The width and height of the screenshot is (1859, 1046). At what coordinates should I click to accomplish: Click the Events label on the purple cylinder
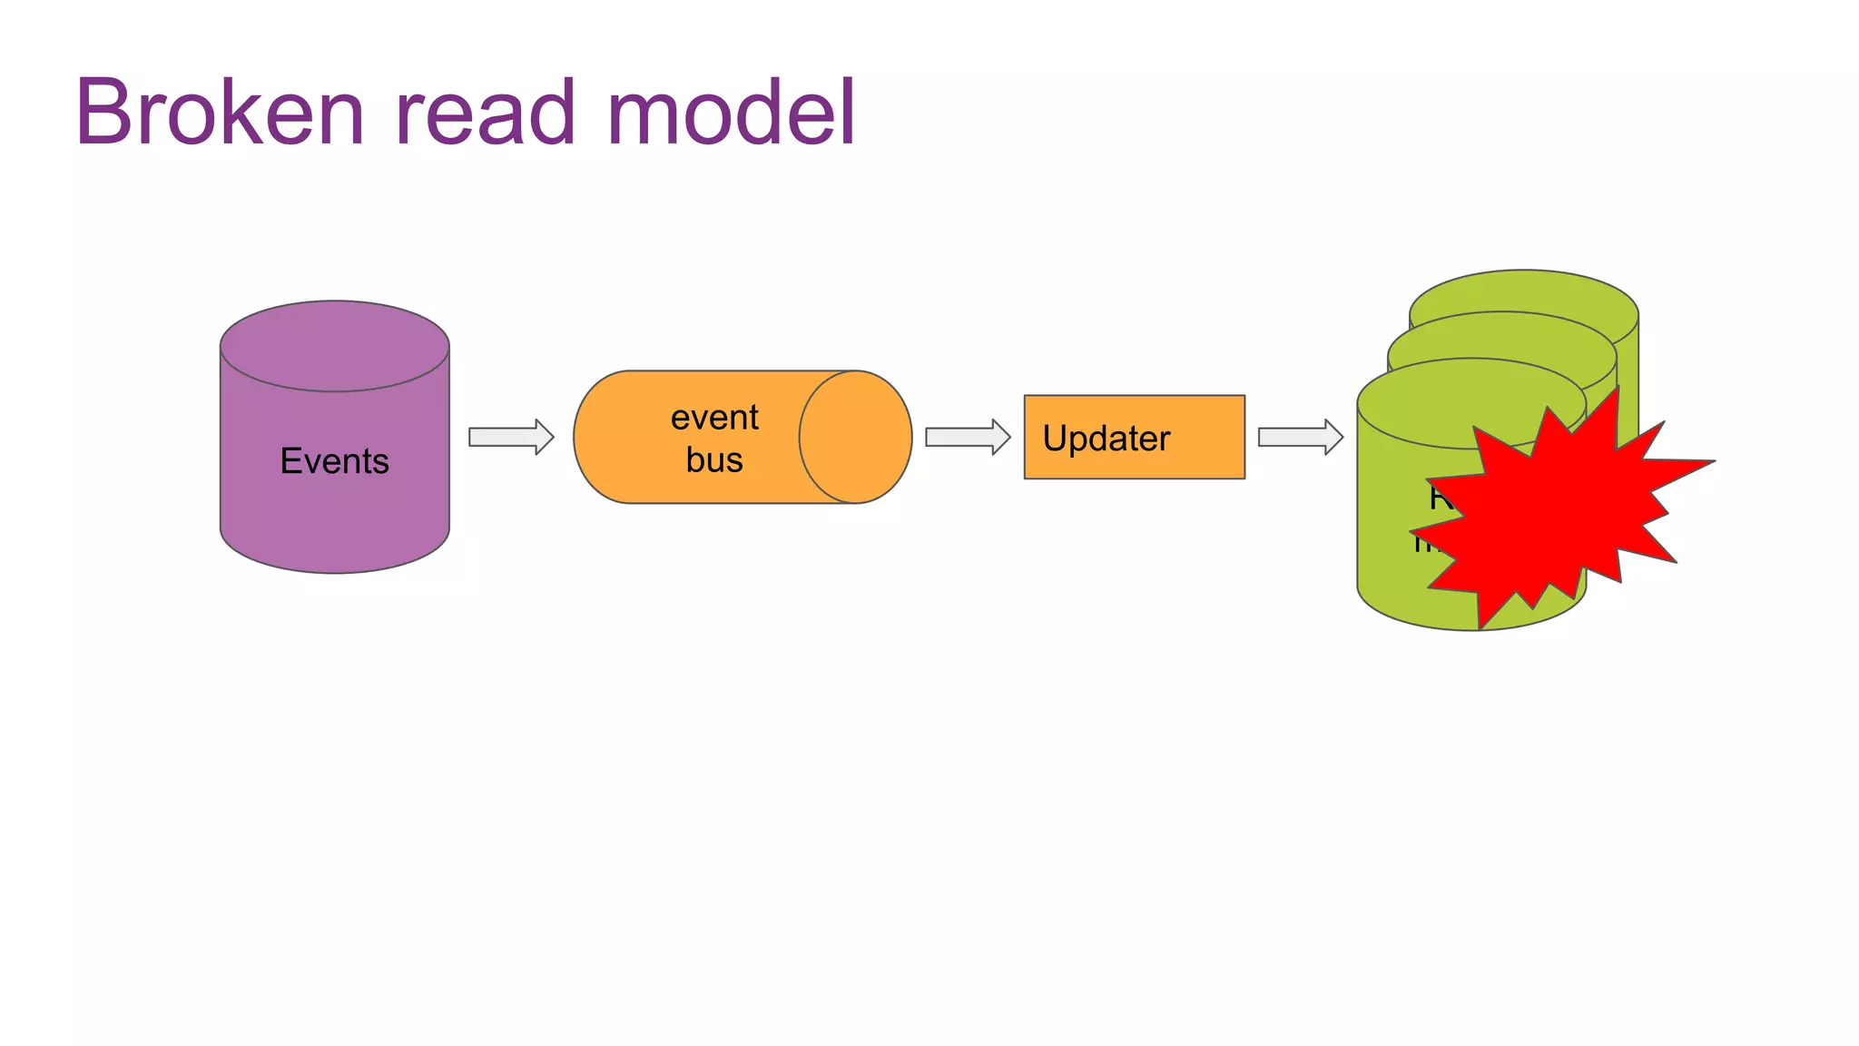334,461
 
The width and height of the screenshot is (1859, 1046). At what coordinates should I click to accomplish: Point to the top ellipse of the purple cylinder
334,346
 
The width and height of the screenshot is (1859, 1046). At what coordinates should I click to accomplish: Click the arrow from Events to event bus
511,437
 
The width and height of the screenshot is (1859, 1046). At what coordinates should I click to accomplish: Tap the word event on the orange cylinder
714,418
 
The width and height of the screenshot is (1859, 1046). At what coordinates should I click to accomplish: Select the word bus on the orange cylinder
714,459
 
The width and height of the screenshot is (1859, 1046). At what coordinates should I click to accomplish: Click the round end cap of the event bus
855,437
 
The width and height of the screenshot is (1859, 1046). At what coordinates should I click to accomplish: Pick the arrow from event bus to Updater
968,437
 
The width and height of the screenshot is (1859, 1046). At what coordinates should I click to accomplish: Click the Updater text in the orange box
1106,439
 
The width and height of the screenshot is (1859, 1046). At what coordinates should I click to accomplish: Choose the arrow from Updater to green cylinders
1300,437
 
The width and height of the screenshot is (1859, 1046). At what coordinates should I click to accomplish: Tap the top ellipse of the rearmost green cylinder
1525,291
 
